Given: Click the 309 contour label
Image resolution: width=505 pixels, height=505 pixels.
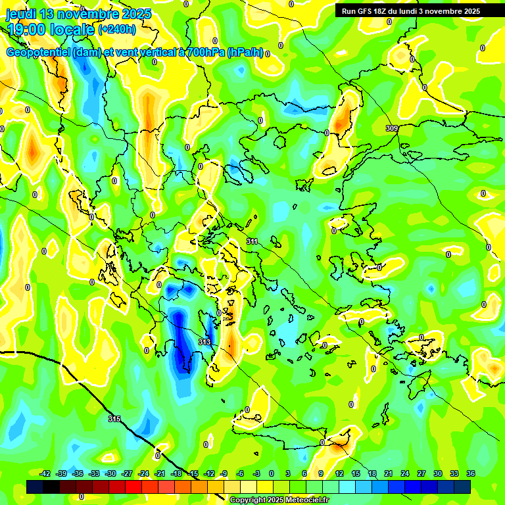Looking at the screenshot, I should pos(392,128).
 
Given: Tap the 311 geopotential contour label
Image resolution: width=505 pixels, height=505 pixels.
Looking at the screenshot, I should pos(252,242).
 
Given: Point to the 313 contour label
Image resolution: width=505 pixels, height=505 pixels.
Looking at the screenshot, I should pos(204,343).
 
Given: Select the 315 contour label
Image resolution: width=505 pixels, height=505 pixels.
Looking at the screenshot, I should pos(114,419).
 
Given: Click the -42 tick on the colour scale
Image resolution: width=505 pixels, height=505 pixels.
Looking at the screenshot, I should pos(45,473).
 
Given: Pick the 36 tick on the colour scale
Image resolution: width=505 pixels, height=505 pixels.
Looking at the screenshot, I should pos(471,473).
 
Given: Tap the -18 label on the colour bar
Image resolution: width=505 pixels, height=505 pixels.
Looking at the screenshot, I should pos(176,473).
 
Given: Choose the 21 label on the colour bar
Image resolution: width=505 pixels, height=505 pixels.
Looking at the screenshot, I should pos(389,473).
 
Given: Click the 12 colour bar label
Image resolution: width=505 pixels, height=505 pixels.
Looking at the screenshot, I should pos(339,473).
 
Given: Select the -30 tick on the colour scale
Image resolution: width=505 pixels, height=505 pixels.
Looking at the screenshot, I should pos(110,473).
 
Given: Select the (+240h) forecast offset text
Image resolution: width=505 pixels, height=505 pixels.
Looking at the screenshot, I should pos(117,30).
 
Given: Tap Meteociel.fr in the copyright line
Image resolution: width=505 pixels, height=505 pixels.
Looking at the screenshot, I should pos(303,500).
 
